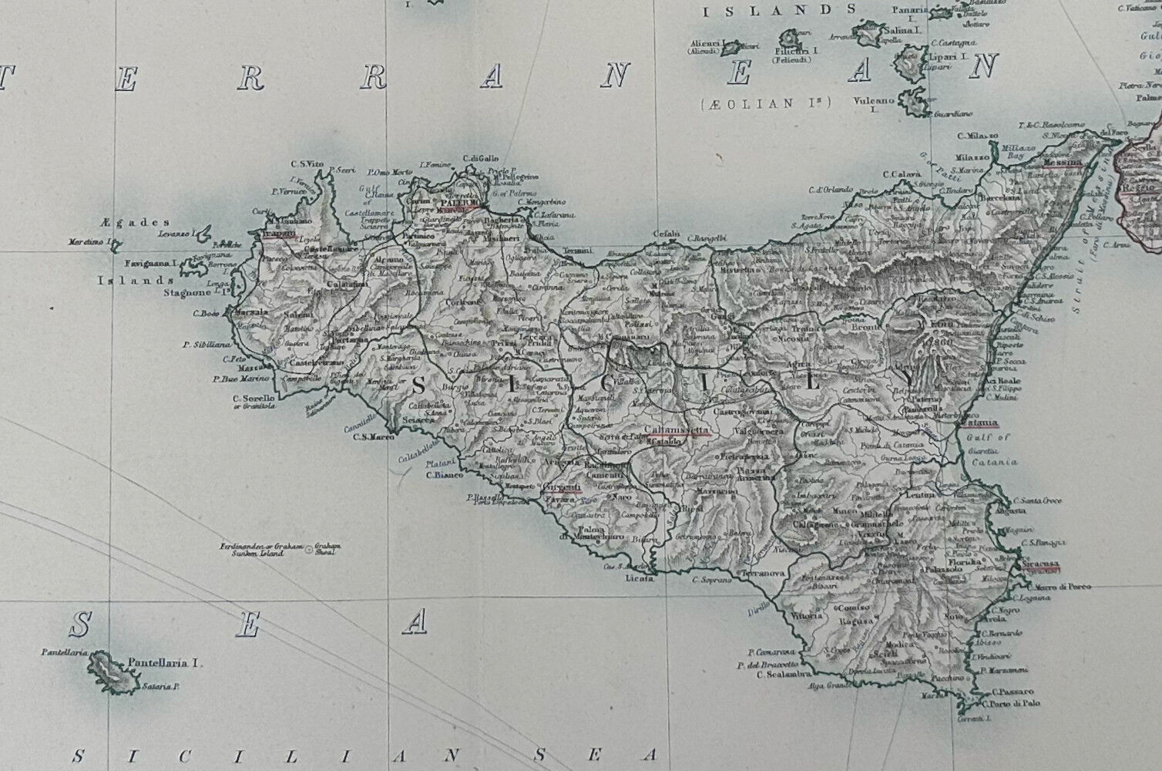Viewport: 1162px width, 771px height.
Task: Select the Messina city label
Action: (x=1062, y=163)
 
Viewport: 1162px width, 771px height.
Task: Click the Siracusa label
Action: (x=1040, y=564)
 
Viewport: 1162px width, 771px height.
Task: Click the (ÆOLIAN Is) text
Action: (x=765, y=103)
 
